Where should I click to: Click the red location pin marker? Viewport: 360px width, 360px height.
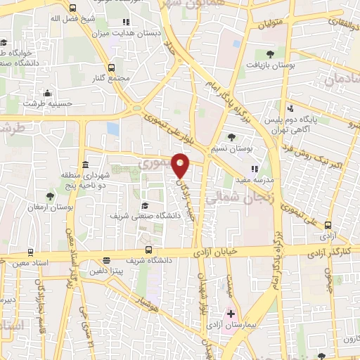pyautogui.click(x=181, y=165)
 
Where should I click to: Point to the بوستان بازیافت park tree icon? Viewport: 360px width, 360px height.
pyautogui.click(x=271, y=53)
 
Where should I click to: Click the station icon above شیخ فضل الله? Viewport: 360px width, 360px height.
pyautogui.click(x=74, y=8)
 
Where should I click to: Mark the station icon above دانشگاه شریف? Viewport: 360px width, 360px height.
pyautogui.click(x=148, y=249)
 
